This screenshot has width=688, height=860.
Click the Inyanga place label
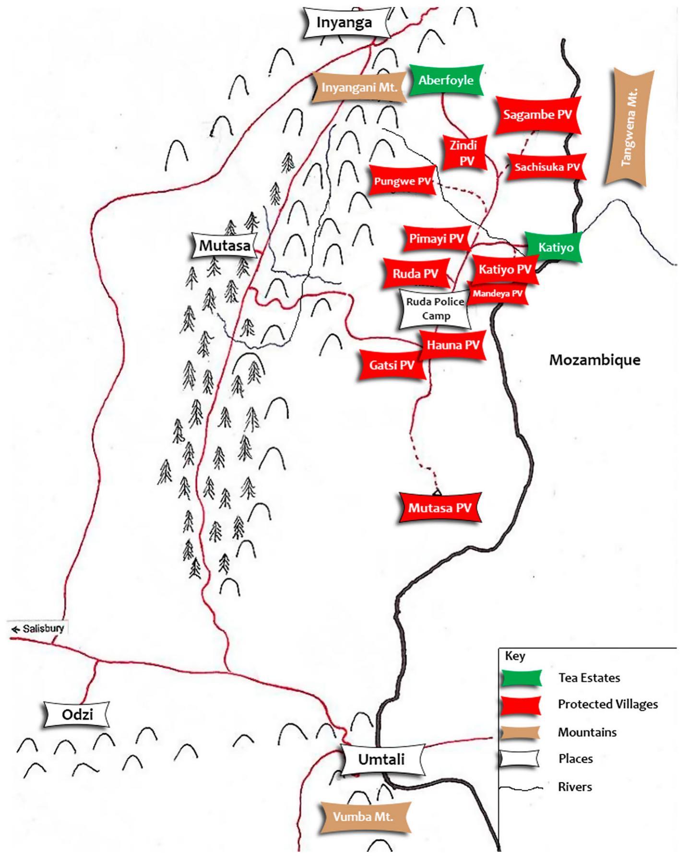[x=344, y=23]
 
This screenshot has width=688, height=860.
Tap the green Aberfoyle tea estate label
[x=446, y=80]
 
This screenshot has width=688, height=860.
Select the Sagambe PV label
[x=537, y=115]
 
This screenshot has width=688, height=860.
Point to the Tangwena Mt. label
[x=629, y=127]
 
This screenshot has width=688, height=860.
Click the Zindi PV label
[x=463, y=153]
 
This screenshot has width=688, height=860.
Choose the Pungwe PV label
[x=402, y=181]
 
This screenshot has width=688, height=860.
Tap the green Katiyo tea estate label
[x=555, y=247]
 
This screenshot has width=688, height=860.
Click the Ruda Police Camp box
[x=435, y=308]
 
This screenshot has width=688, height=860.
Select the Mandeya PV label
[x=498, y=294]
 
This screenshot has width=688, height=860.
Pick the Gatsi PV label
[x=391, y=365]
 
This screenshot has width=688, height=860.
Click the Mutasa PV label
[x=439, y=508]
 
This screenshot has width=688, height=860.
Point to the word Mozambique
[x=594, y=360]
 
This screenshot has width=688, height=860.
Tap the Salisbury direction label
[x=38, y=628]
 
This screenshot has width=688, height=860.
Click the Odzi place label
[x=77, y=715]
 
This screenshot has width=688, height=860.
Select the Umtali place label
[x=382, y=759]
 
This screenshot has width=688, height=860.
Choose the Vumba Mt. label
[x=363, y=816]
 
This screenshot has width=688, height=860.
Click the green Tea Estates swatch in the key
[x=521, y=678]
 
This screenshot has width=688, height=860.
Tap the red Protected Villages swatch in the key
[x=521, y=705]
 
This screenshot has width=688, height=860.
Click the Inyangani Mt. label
[x=359, y=88]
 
